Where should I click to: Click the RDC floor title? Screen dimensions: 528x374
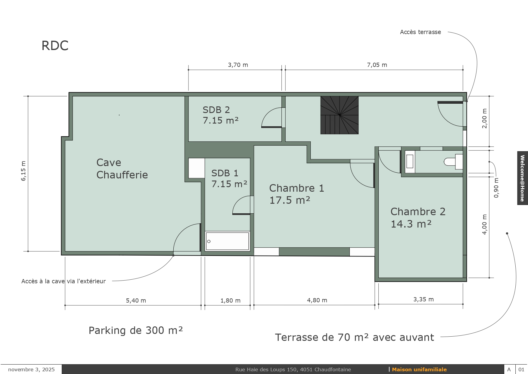coord(55,46)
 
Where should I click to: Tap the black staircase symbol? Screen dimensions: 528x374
coord(339,115)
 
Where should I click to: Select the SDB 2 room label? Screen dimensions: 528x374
coord(220,115)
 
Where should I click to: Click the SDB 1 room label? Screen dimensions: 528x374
coord(229,178)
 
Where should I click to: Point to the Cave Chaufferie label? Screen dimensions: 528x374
coord(122,168)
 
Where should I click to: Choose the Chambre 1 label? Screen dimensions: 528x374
coord(297,194)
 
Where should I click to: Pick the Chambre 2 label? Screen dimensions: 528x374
coord(418,218)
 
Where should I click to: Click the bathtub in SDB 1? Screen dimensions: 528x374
coord(227,241)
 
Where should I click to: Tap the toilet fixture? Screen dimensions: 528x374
coord(453,162)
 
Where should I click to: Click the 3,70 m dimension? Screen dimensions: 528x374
coord(238,65)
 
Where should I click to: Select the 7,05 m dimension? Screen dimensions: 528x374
coord(377,65)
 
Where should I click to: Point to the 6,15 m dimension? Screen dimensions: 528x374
coord(23,171)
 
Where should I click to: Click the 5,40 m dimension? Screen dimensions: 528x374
coord(136,300)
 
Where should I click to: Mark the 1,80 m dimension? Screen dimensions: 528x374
coord(230,300)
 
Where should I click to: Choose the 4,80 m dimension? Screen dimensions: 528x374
coord(317,300)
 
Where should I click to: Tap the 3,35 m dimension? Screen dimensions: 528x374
coord(424,299)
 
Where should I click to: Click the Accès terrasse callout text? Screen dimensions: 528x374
coord(420,32)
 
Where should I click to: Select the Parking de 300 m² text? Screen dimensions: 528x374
coord(136,330)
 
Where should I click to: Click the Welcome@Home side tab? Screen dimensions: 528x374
coord(523,178)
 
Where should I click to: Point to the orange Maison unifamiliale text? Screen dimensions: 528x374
coord(419,369)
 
